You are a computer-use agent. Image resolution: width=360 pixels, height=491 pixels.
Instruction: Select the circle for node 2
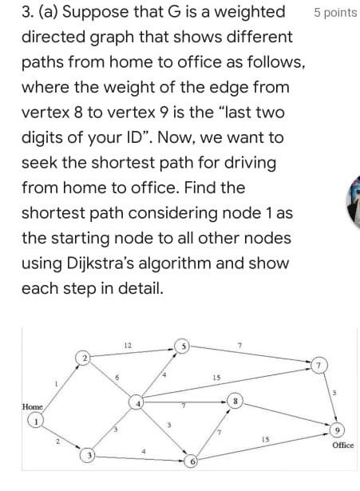[83, 357]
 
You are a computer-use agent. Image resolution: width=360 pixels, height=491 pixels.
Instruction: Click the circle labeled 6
[192, 461]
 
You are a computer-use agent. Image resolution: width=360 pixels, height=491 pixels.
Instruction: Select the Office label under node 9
[341, 445]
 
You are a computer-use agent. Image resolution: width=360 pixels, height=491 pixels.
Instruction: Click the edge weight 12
[129, 344]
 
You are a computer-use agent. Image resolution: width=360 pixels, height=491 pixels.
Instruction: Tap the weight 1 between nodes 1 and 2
[56, 385]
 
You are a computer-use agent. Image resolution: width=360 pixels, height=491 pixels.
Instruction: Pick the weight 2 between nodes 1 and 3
[57, 441]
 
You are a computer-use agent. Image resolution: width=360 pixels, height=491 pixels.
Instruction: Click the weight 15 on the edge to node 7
[216, 377]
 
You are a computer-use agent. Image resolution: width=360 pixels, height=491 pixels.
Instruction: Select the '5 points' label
[336, 14]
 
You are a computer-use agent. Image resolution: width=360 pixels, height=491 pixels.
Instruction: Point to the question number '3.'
[27, 12]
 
